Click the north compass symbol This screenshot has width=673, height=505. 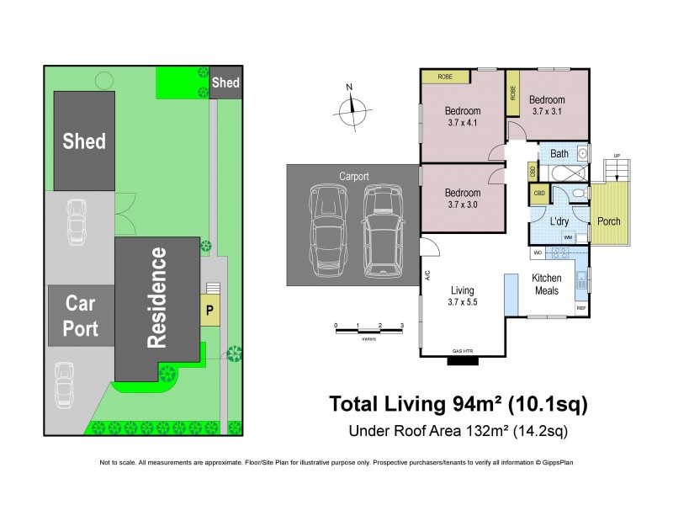click(x=354, y=109)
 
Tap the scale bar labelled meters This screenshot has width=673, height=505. click(x=368, y=330)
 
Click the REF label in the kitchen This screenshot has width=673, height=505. click(x=580, y=309)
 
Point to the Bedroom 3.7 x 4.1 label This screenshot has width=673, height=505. click(x=462, y=117)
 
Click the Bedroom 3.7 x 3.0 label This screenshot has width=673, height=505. click(x=462, y=199)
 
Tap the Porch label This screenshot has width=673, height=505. click(x=608, y=221)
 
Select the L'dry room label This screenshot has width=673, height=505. click(x=560, y=221)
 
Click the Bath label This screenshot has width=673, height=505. click(x=559, y=154)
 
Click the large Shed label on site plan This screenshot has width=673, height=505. click(x=84, y=141)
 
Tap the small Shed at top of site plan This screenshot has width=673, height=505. click(x=225, y=82)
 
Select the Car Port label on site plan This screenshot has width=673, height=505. click(x=81, y=316)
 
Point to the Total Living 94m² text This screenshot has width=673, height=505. click(x=457, y=405)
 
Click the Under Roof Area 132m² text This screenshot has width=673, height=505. click(x=457, y=433)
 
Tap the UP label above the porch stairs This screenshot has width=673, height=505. click(x=617, y=156)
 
